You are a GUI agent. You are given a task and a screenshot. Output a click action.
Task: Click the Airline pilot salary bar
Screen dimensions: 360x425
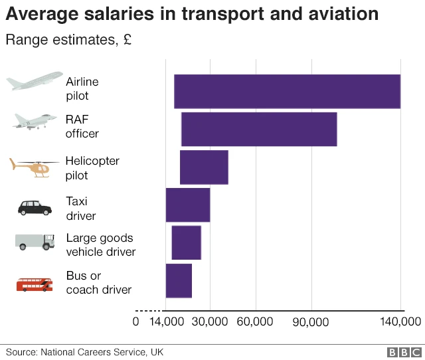pyautogui.click(x=287, y=92)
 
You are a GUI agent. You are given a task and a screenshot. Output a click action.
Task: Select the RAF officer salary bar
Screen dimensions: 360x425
pyautogui.click(x=259, y=130)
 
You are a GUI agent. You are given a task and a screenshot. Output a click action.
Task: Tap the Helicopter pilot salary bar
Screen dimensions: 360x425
pyautogui.click(x=204, y=167)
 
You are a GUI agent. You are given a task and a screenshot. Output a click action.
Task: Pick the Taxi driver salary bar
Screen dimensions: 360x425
pyautogui.click(x=188, y=205)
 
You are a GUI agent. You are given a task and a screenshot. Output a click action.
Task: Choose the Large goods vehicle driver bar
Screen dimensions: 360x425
pyautogui.click(x=187, y=242)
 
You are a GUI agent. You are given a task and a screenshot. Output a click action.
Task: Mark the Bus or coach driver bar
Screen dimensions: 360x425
pyautogui.click(x=179, y=280)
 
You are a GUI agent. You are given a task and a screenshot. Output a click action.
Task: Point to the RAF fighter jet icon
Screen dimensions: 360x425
pyautogui.click(x=33, y=121)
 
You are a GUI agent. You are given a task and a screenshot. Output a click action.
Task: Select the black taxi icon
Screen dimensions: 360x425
pyautogui.click(x=35, y=207)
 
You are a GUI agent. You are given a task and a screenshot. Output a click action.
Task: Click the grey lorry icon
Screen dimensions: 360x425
pyautogui.click(x=35, y=242)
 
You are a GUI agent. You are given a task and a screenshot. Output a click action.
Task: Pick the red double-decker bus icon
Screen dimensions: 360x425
pyautogui.click(x=35, y=284)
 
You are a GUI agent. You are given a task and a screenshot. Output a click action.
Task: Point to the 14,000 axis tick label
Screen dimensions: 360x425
pyautogui.click(x=166, y=322)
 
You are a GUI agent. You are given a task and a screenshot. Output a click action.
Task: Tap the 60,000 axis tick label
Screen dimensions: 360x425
pyautogui.click(x=255, y=322)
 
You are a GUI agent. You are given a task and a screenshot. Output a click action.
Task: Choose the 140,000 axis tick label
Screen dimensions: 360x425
pyautogui.click(x=401, y=322)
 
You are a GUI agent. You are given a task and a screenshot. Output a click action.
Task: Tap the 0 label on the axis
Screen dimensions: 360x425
pyautogui.click(x=136, y=322)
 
